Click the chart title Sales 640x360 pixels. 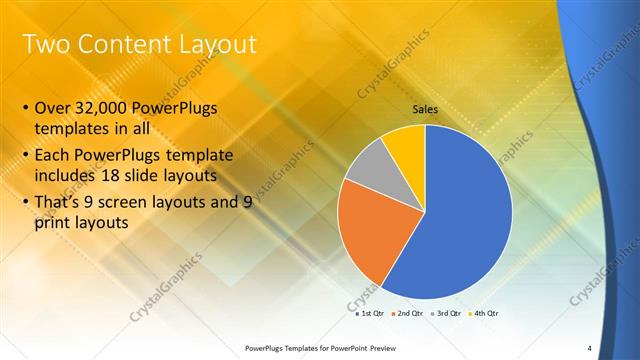point(425,108)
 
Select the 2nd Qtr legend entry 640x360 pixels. point(407,314)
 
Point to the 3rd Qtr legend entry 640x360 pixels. point(445,314)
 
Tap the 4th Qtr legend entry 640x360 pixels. point(483,314)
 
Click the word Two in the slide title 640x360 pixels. point(45,44)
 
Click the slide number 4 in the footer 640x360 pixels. point(589,348)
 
